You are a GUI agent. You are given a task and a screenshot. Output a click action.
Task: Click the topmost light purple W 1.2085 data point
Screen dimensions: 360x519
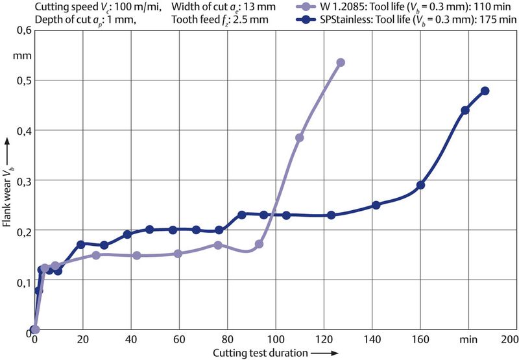click(341, 62)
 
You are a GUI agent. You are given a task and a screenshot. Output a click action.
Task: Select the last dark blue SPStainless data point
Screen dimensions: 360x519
click(485, 91)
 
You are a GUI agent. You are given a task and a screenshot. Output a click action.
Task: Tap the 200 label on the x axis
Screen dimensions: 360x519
click(510, 340)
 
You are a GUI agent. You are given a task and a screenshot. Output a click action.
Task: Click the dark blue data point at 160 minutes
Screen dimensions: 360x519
click(420, 185)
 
